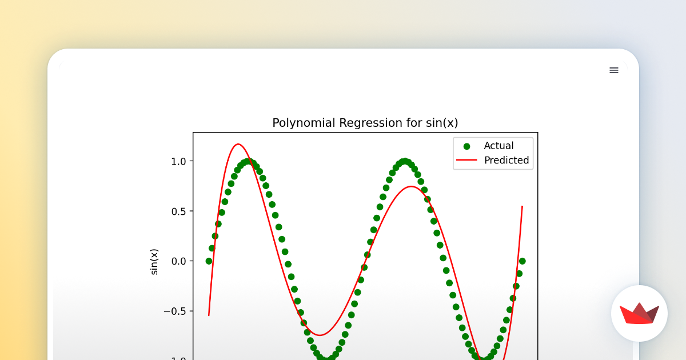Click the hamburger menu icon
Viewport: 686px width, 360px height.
613,70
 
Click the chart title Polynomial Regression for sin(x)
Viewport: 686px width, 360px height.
365,123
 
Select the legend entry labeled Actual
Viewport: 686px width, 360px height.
498,146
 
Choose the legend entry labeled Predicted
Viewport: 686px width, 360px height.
506,161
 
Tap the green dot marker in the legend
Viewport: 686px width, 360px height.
466,146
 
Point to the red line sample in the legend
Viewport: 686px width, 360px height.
466,161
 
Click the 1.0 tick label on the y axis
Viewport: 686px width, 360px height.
178,162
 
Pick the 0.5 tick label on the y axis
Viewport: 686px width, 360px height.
178,211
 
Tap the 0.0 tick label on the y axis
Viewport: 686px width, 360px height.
178,261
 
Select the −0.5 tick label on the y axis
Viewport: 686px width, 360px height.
174,311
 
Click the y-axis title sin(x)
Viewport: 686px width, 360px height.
154,262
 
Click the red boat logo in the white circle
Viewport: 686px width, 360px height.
639,313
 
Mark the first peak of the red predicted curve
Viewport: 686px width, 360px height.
238,144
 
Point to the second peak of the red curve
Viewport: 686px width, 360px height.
410,186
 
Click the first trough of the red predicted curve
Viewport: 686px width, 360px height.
320,335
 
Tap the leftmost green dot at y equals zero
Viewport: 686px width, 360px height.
209,261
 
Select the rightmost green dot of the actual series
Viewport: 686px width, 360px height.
522,261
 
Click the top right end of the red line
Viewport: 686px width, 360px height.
522,207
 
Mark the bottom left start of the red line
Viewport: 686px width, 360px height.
209,315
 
